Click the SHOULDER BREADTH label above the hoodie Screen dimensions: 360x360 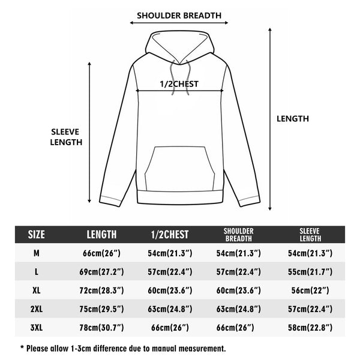[x=179, y=16]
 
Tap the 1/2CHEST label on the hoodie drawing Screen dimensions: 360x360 [x=179, y=84]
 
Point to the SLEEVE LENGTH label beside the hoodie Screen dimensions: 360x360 [x=66, y=137]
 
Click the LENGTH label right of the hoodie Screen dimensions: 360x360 [x=293, y=119]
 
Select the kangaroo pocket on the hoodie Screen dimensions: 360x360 [x=179, y=169]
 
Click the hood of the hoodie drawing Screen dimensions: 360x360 [x=180, y=47]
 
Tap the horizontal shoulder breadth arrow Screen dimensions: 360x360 [x=179, y=23]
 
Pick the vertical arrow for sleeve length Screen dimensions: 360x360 [x=89, y=132]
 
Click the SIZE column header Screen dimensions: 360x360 [x=36, y=235]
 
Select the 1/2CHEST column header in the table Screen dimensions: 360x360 [x=170, y=235]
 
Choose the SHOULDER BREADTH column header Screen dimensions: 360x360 [x=239, y=235]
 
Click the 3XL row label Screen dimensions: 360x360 [x=37, y=328]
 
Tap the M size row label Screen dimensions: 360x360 [x=37, y=253]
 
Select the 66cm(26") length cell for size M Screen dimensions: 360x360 [x=101, y=253]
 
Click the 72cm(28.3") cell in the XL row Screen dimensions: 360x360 [x=101, y=290]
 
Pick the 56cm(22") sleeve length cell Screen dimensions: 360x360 [x=310, y=290]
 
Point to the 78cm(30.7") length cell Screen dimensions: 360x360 [x=101, y=328]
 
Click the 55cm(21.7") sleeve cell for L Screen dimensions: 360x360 [x=310, y=272]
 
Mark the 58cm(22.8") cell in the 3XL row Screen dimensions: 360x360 [x=310, y=328]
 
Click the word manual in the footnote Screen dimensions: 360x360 [x=164, y=349]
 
